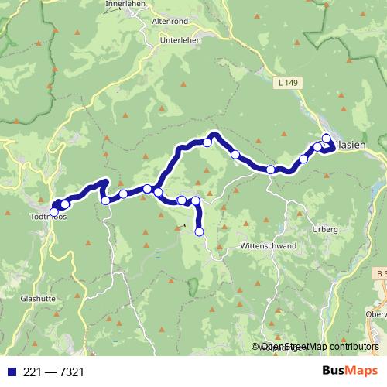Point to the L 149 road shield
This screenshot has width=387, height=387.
click(286, 80)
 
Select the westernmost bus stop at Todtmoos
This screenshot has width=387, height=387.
click(54, 211)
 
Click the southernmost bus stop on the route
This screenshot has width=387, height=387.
click(199, 231)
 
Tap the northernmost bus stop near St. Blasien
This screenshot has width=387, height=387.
click(327, 139)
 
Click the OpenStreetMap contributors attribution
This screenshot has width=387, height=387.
click(318, 348)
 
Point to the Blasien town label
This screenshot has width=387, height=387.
click(348, 147)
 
